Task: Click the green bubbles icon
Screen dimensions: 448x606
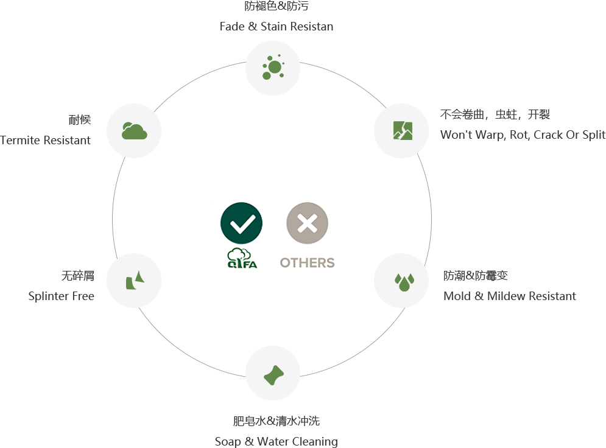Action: (x=272, y=68)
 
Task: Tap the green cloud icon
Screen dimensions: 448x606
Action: (x=134, y=131)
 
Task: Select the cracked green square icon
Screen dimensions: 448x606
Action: (x=403, y=130)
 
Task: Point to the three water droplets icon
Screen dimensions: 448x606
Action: (x=404, y=282)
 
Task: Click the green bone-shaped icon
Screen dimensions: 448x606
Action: (x=273, y=375)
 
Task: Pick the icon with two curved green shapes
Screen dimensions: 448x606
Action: (x=135, y=281)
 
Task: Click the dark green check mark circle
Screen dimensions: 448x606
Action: (x=241, y=223)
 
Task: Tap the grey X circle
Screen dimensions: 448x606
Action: (x=307, y=223)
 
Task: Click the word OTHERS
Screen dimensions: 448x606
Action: (x=307, y=262)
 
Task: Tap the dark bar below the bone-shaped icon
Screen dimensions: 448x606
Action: (x=277, y=421)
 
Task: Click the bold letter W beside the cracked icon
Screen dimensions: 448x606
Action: (x=445, y=135)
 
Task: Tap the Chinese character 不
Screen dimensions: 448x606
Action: (x=445, y=114)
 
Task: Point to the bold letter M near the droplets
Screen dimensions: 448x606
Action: (x=448, y=296)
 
